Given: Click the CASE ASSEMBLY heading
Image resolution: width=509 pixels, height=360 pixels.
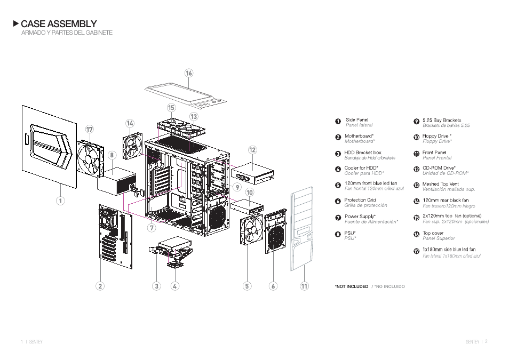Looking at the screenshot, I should point(59,24).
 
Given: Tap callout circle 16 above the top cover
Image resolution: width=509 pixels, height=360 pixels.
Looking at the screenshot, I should point(189,73).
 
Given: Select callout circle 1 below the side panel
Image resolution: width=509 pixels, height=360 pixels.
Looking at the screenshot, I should point(61,201).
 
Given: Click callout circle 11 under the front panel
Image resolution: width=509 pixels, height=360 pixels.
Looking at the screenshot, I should point(304,286).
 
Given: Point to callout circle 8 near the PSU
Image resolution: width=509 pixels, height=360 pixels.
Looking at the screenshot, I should point(112,155).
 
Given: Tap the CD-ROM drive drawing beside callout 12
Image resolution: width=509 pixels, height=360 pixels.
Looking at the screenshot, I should point(253,172).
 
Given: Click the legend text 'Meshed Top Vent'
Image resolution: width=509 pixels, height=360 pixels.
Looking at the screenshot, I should point(440,184).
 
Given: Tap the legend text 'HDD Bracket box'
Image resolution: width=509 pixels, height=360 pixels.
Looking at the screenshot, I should point(362,153).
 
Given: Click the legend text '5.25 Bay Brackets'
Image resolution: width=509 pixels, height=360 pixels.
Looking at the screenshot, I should point(441,120).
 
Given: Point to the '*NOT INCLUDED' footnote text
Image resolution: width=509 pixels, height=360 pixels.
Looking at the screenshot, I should point(351,286).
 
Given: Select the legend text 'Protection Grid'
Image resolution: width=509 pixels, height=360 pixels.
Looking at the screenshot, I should point(360,200).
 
